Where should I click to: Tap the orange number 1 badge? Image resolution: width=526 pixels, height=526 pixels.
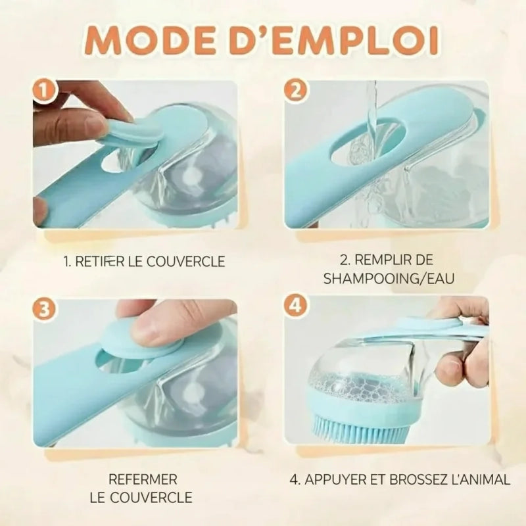pos(44,91)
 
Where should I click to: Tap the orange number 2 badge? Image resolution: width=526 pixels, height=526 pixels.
pos(295,91)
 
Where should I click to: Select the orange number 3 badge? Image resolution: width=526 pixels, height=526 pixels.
pos(44,309)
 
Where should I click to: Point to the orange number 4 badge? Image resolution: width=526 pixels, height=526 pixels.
pos(295,306)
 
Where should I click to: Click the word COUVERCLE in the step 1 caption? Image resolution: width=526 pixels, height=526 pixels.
pos(186,262)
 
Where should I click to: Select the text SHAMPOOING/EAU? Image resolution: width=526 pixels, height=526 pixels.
pos(389,279)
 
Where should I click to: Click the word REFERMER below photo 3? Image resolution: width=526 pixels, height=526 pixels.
pos(143,480)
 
